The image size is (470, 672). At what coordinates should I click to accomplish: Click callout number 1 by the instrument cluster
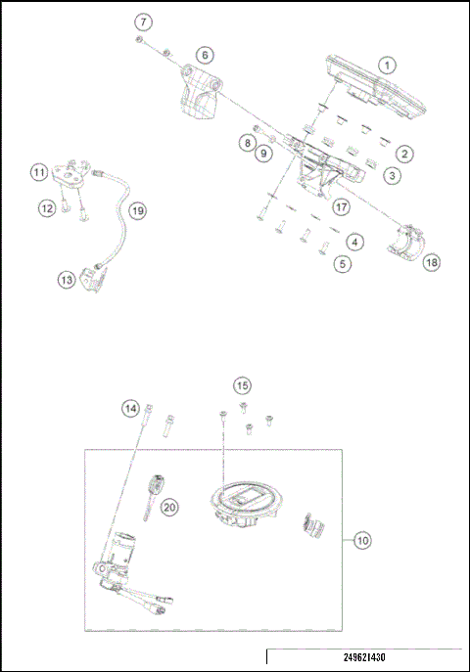pyautogui.click(x=388, y=66)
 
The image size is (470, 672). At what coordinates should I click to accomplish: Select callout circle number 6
pyautogui.click(x=204, y=55)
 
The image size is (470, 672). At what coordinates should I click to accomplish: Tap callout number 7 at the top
pyautogui.click(x=144, y=21)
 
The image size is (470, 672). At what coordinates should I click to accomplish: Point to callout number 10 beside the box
pyautogui.click(x=362, y=539)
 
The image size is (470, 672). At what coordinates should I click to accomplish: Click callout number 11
pyautogui.click(x=39, y=172)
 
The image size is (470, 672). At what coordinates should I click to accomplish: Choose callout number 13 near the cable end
pyautogui.click(x=66, y=280)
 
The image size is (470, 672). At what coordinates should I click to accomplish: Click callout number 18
pyautogui.click(x=431, y=261)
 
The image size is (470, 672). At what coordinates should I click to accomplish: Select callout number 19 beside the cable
pyautogui.click(x=137, y=210)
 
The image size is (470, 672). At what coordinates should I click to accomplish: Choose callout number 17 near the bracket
pyautogui.click(x=341, y=207)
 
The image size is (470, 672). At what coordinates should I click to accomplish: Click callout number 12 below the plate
pyautogui.click(x=46, y=207)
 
